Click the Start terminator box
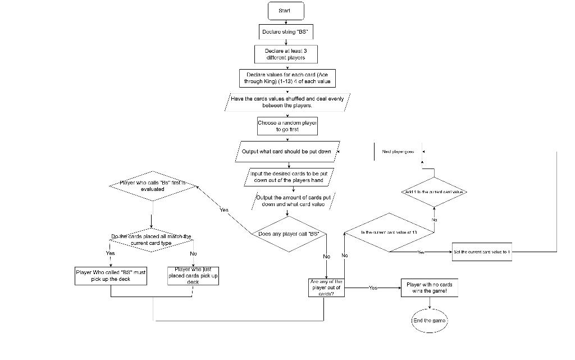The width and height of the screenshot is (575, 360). (286, 11)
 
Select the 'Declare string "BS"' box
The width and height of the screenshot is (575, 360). (286, 31)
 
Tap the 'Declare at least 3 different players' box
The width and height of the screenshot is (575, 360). (286, 54)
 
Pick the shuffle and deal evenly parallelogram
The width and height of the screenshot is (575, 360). (287, 102)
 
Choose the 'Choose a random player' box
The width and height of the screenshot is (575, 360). (287, 126)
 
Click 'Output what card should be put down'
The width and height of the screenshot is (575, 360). (287, 152)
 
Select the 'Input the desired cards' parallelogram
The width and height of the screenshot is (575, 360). (287, 177)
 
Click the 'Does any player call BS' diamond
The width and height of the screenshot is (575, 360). (288, 233)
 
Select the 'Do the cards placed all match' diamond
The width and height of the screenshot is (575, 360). (151, 240)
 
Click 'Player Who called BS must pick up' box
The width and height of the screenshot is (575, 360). (111, 276)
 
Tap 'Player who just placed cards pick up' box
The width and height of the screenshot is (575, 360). (193, 276)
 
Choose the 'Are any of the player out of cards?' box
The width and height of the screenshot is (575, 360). (326, 288)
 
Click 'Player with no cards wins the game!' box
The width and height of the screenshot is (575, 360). (429, 288)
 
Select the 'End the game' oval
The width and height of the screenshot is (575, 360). (430, 321)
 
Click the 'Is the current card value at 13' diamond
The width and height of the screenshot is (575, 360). (389, 232)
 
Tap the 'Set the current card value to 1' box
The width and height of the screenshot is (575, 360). (481, 252)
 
